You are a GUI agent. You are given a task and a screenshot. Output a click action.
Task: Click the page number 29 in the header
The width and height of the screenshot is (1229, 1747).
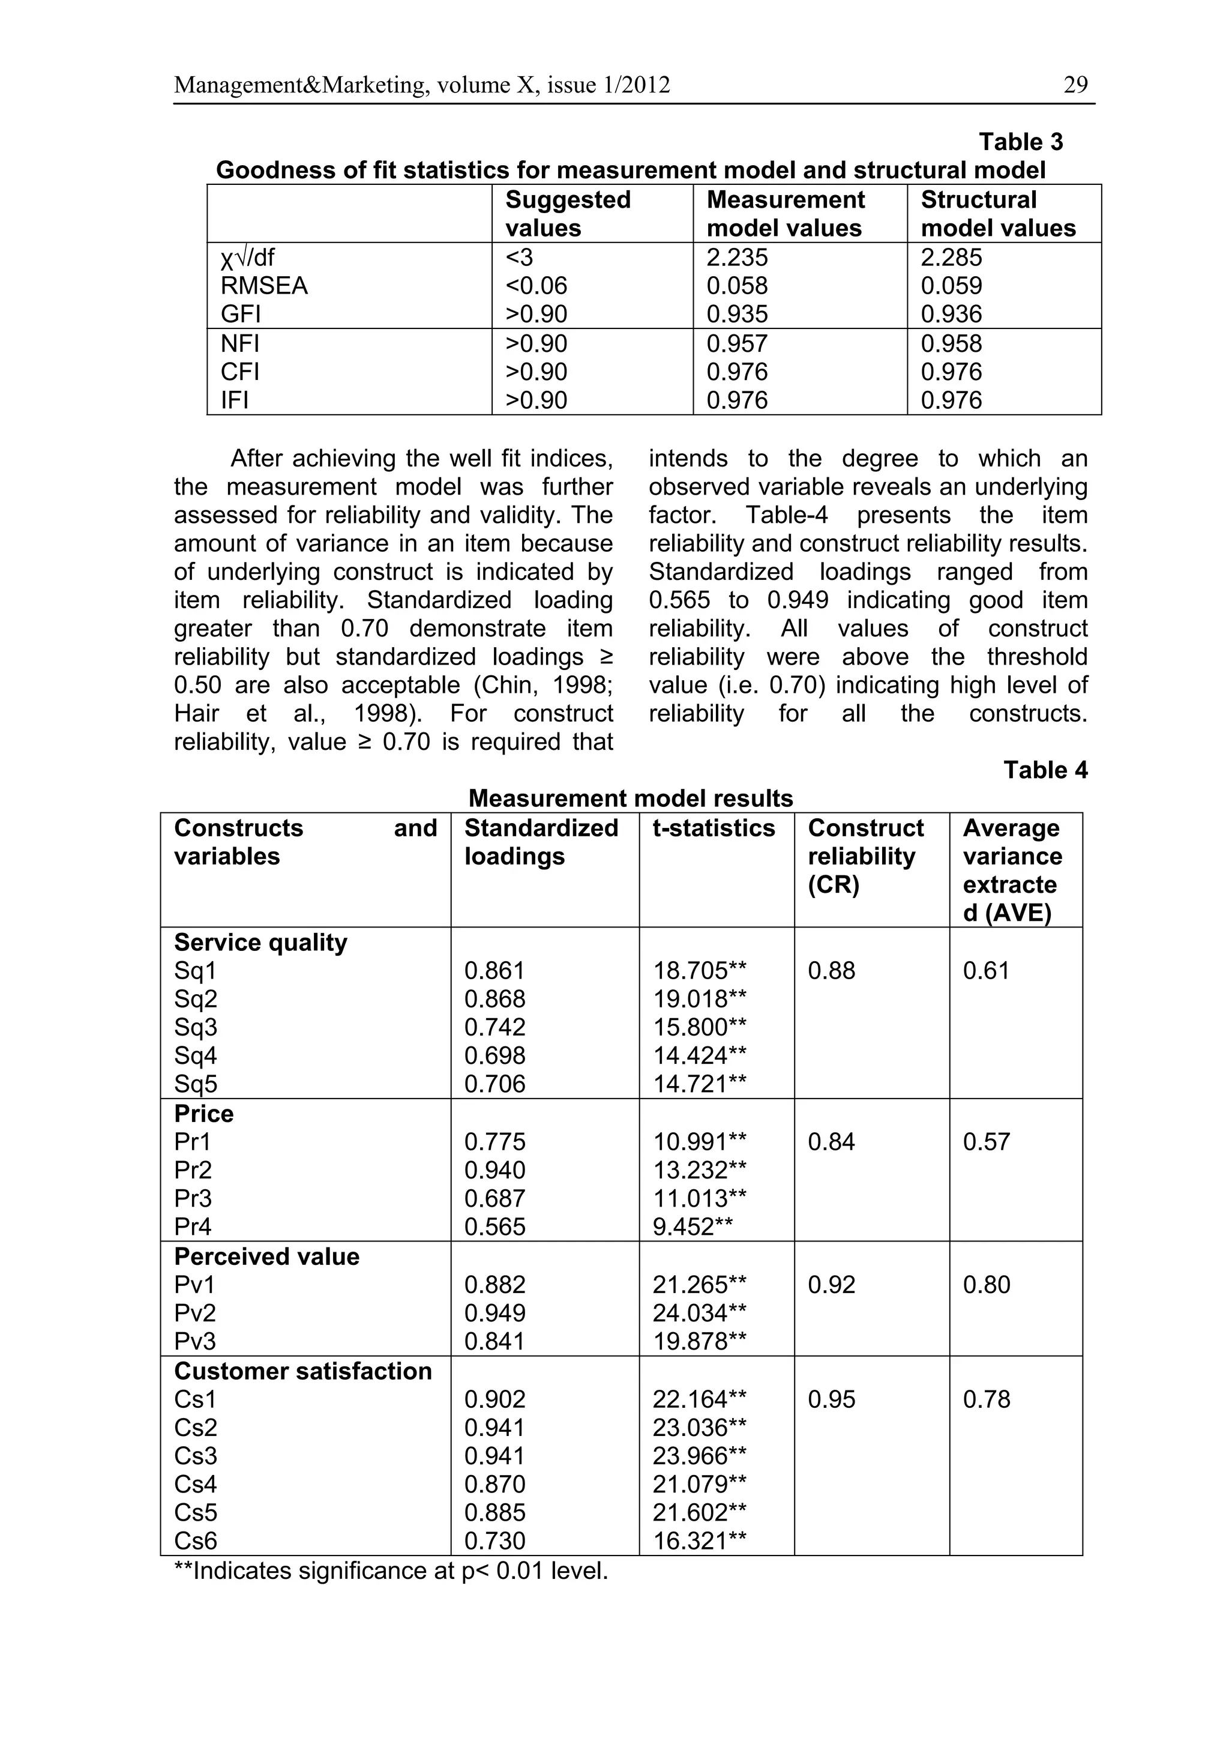1075,85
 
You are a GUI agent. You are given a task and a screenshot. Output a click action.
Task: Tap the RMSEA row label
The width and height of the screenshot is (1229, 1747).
264,286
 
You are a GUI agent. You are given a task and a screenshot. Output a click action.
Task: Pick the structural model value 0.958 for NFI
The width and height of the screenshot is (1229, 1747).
951,344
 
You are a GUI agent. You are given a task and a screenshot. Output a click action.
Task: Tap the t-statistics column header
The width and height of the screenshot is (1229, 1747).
714,828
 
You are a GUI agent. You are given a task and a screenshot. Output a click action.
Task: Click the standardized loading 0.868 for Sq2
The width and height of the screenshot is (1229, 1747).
494,999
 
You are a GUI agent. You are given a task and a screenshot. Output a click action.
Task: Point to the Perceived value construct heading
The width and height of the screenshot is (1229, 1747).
266,1257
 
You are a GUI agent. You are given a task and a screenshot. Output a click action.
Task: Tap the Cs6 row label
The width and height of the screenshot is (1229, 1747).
196,1542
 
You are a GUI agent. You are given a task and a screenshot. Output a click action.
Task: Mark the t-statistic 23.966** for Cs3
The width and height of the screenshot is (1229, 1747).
699,1456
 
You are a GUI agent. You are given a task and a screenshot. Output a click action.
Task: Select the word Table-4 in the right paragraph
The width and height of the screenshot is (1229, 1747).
786,515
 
